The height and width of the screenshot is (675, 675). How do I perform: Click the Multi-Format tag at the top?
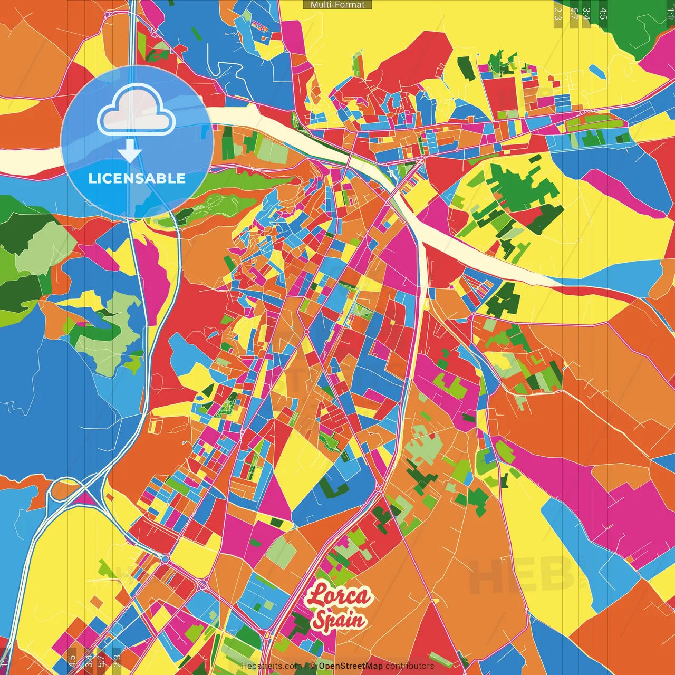(x=337, y=5)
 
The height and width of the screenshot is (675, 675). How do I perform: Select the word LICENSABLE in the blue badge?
(x=137, y=178)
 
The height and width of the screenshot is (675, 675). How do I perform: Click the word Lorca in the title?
(x=339, y=596)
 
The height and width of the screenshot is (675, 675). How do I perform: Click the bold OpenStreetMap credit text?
(x=350, y=666)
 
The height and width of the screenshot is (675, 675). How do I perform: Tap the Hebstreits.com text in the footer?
(x=271, y=666)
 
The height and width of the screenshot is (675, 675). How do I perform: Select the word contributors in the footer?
(x=410, y=666)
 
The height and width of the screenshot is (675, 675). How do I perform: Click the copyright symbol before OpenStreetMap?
(x=313, y=666)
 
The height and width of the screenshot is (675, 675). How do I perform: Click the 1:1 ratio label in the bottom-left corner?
(x=5, y=661)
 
